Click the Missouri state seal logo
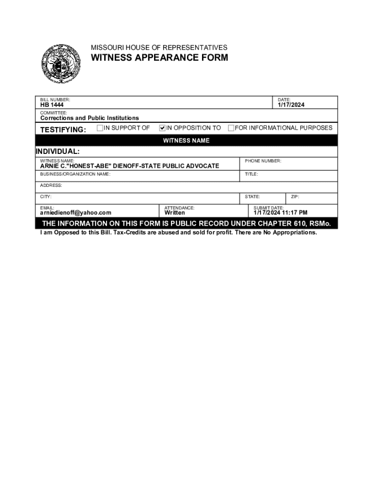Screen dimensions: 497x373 [61, 64]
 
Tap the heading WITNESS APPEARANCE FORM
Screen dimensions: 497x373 [159, 58]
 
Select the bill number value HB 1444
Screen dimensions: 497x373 [52, 105]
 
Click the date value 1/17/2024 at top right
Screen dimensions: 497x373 [291, 105]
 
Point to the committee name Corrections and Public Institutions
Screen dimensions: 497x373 [89, 118]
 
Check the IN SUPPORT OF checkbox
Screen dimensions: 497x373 [100, 128]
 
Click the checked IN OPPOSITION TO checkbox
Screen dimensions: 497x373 [162, 128]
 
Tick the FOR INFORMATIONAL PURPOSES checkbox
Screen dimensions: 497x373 [231, 128]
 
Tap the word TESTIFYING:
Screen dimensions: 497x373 [63, 130]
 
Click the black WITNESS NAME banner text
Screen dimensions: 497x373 [186, 141]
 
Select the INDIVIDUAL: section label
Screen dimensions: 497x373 [58, 151]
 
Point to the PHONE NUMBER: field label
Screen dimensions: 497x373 [263, 161]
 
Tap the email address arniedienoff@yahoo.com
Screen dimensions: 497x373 [76, 213]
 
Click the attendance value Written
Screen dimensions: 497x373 [174, 213]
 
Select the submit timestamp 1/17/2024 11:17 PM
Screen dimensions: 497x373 [280, 213]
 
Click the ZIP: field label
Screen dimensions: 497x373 [295, 197]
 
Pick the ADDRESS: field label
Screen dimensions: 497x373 [51, 185]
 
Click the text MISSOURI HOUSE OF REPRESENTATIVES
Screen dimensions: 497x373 [159, 48]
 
